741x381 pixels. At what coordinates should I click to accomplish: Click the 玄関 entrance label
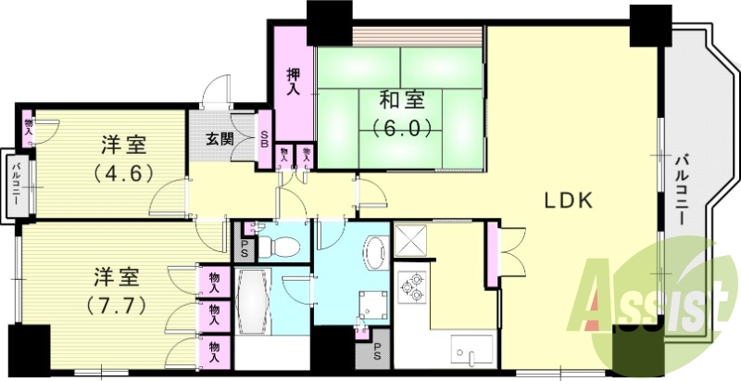coord(220,141)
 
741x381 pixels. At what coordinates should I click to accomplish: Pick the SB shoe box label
coord(265,141)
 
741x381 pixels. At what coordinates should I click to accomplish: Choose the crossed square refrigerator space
coord(408,240)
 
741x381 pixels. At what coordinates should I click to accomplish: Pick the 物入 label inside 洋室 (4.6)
coord(29,126)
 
